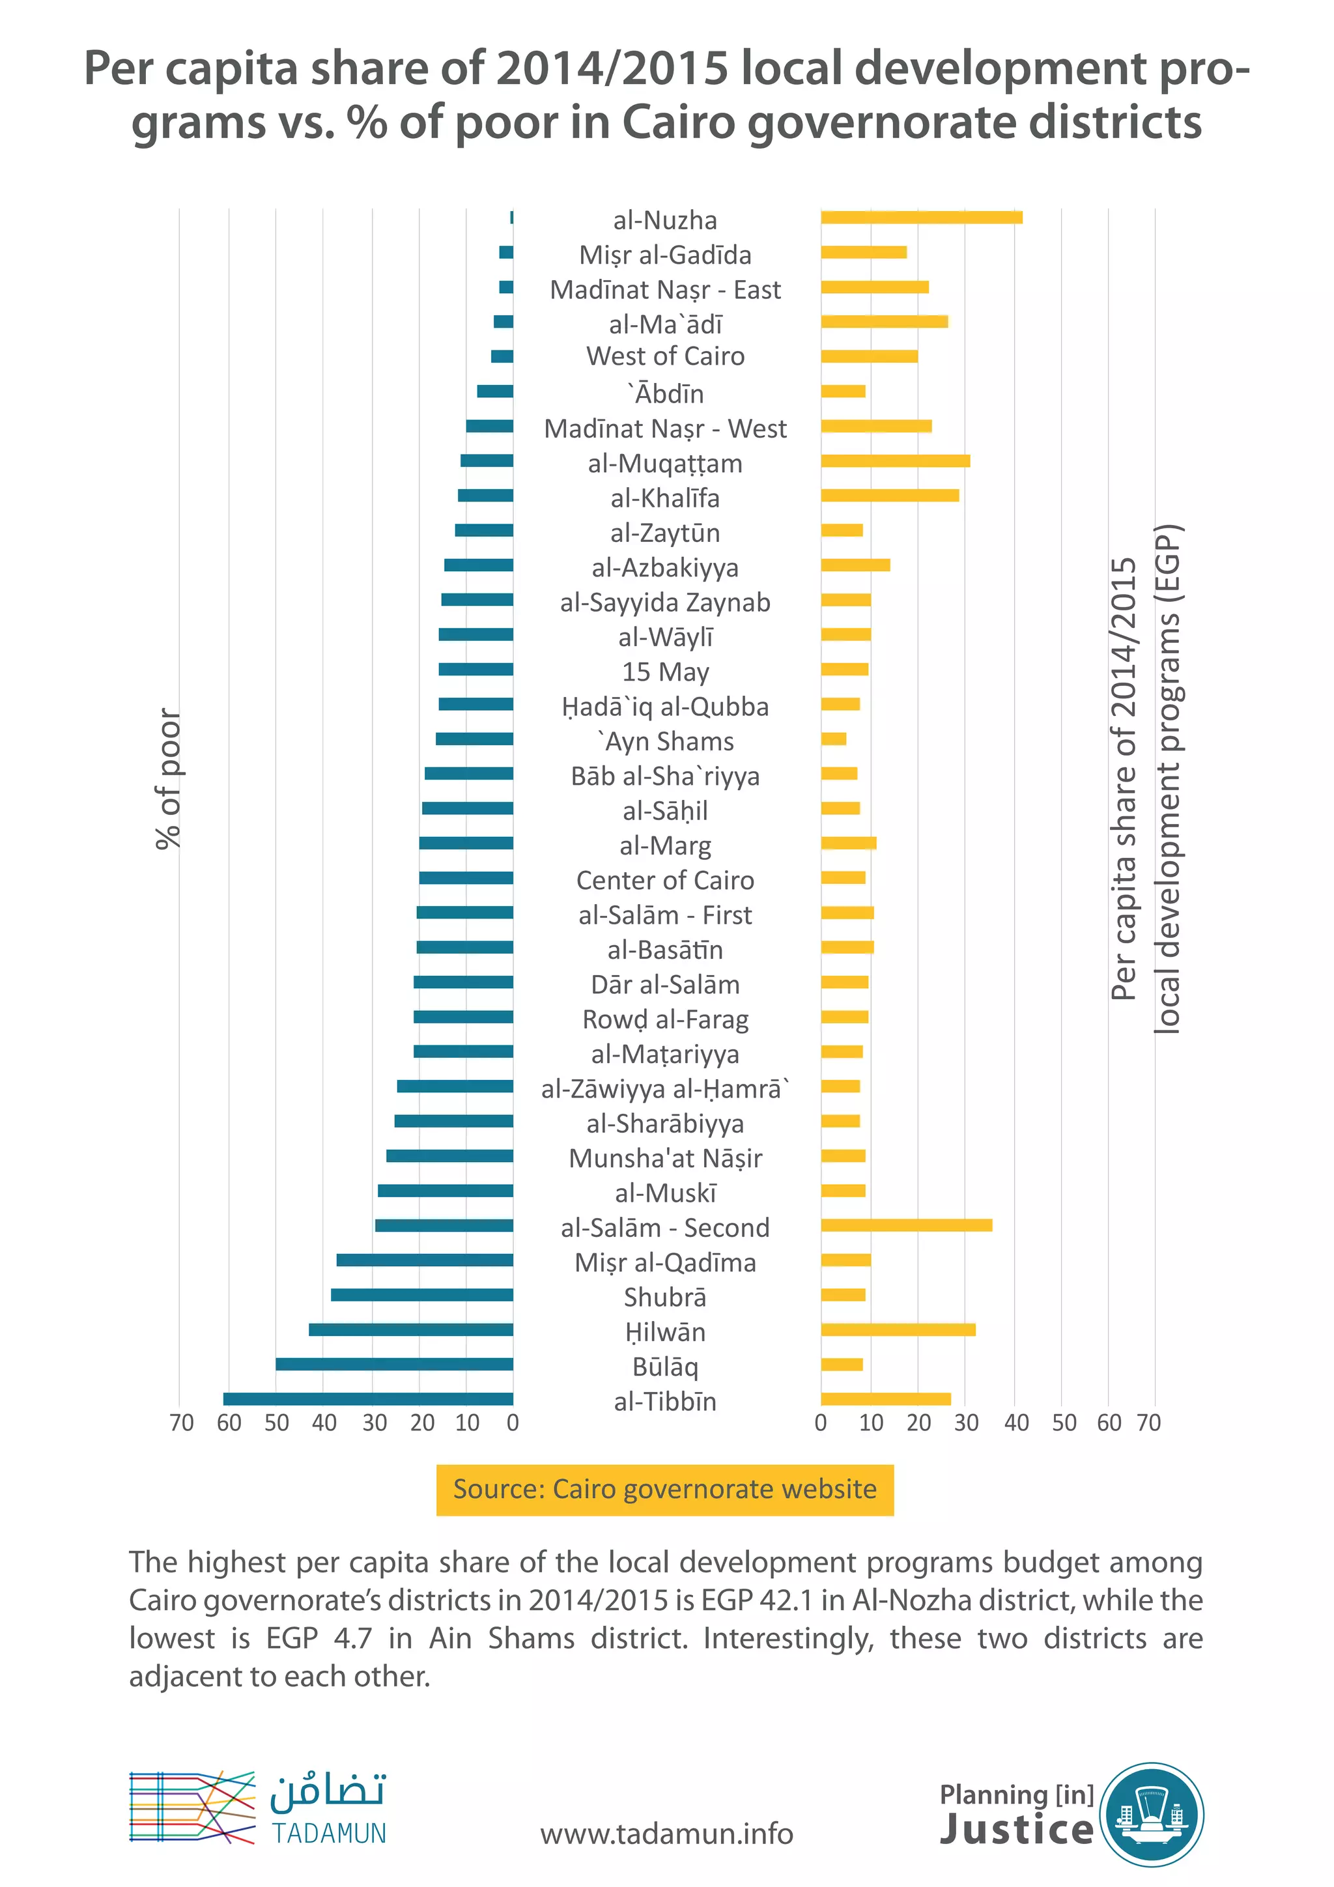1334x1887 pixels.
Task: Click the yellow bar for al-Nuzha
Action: point(922,218)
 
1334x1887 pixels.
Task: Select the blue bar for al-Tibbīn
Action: point(368,1399)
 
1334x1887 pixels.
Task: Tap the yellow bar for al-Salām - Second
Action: point(906,1225)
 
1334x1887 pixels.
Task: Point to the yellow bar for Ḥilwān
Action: point(898,1330)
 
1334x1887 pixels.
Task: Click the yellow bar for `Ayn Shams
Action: point(834,739)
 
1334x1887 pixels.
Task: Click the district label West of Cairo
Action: point(665,357)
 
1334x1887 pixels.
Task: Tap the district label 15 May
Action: point(665,672)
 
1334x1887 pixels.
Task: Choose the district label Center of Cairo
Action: point(665,880)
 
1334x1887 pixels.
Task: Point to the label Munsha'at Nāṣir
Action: point(665,1158)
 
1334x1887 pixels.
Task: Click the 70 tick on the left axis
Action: point(182,1423)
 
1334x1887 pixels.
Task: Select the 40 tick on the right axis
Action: point(1016,1423)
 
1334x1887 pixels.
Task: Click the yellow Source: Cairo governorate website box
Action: point(665,1489)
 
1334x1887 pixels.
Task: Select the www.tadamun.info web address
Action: point(666,1834)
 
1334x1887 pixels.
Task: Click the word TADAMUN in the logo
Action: point(329,1834)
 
